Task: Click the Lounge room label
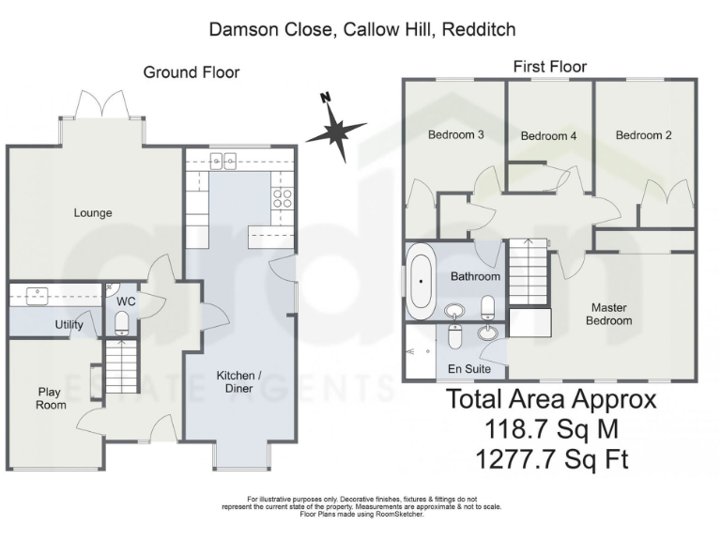coord(93,213)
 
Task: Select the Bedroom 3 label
coord(455,135)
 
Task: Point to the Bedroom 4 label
coord(548,136)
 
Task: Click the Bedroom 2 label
coord(643,135)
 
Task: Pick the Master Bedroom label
coord(609,314)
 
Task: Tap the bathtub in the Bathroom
coord(420,279)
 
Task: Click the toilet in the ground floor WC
coord(121,325)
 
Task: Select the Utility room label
coord(69,325)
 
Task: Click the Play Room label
coord(52,398)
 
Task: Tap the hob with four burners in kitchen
coord(281,197)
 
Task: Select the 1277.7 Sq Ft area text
coord(551,459)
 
